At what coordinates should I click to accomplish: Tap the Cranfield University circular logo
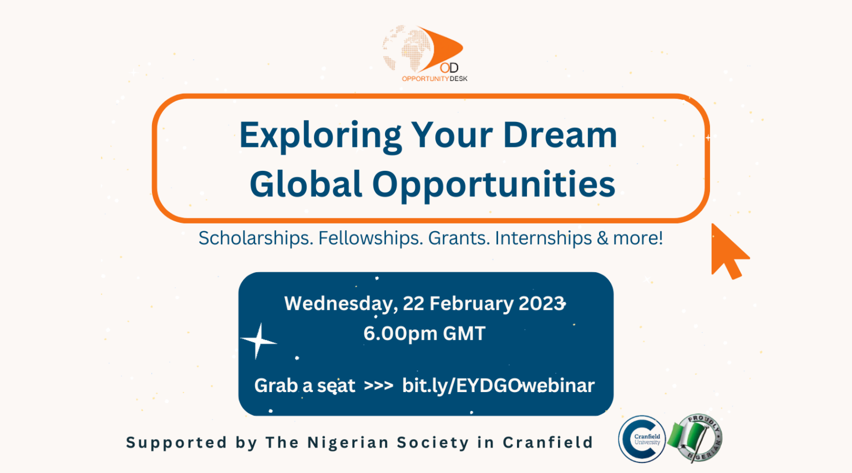pyautogui.click(x=642, y=439)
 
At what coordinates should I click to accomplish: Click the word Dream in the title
pyautogui.click(x=560, y=135)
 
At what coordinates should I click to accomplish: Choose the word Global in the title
pyautogui.click(x=306, y=184)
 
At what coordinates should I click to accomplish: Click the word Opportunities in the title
pyautogui.click(x=493, y=185)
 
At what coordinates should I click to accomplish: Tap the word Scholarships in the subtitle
pyautogui.click(x=256, y=238)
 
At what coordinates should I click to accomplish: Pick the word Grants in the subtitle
pyautogui.click(x=459, y=238)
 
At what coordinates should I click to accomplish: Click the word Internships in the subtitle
pyautogui.click(x=543, y=238)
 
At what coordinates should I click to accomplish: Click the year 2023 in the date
pyautogui.click(x=541, y=304)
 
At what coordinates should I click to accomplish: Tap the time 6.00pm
pyautogui.click(x=400, y=334)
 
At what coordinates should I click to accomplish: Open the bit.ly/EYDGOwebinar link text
pyautogui.click(x=498, y=385)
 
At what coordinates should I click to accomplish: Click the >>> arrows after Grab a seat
pyautogui.click(x=378, y=386)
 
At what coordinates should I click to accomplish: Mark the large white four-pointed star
pyautogui.click(x=258, y=340)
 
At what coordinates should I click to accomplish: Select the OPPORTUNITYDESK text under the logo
pyautogui.click(x=434, y=79)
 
